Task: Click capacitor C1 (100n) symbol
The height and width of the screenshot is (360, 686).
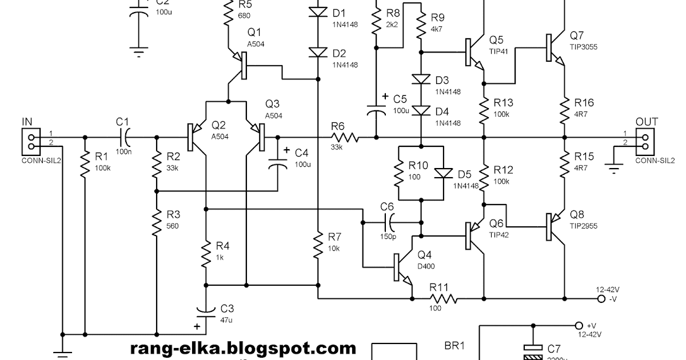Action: point(124,137)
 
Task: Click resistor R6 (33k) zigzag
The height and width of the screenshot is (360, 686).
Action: point(345,137)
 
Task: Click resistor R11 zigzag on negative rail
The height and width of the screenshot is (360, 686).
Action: point(444,298)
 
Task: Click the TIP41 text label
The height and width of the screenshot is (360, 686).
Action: point(498,51)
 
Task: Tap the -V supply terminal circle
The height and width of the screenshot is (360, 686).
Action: point(601,298)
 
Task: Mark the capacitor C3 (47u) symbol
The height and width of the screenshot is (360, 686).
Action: point(205,311)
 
